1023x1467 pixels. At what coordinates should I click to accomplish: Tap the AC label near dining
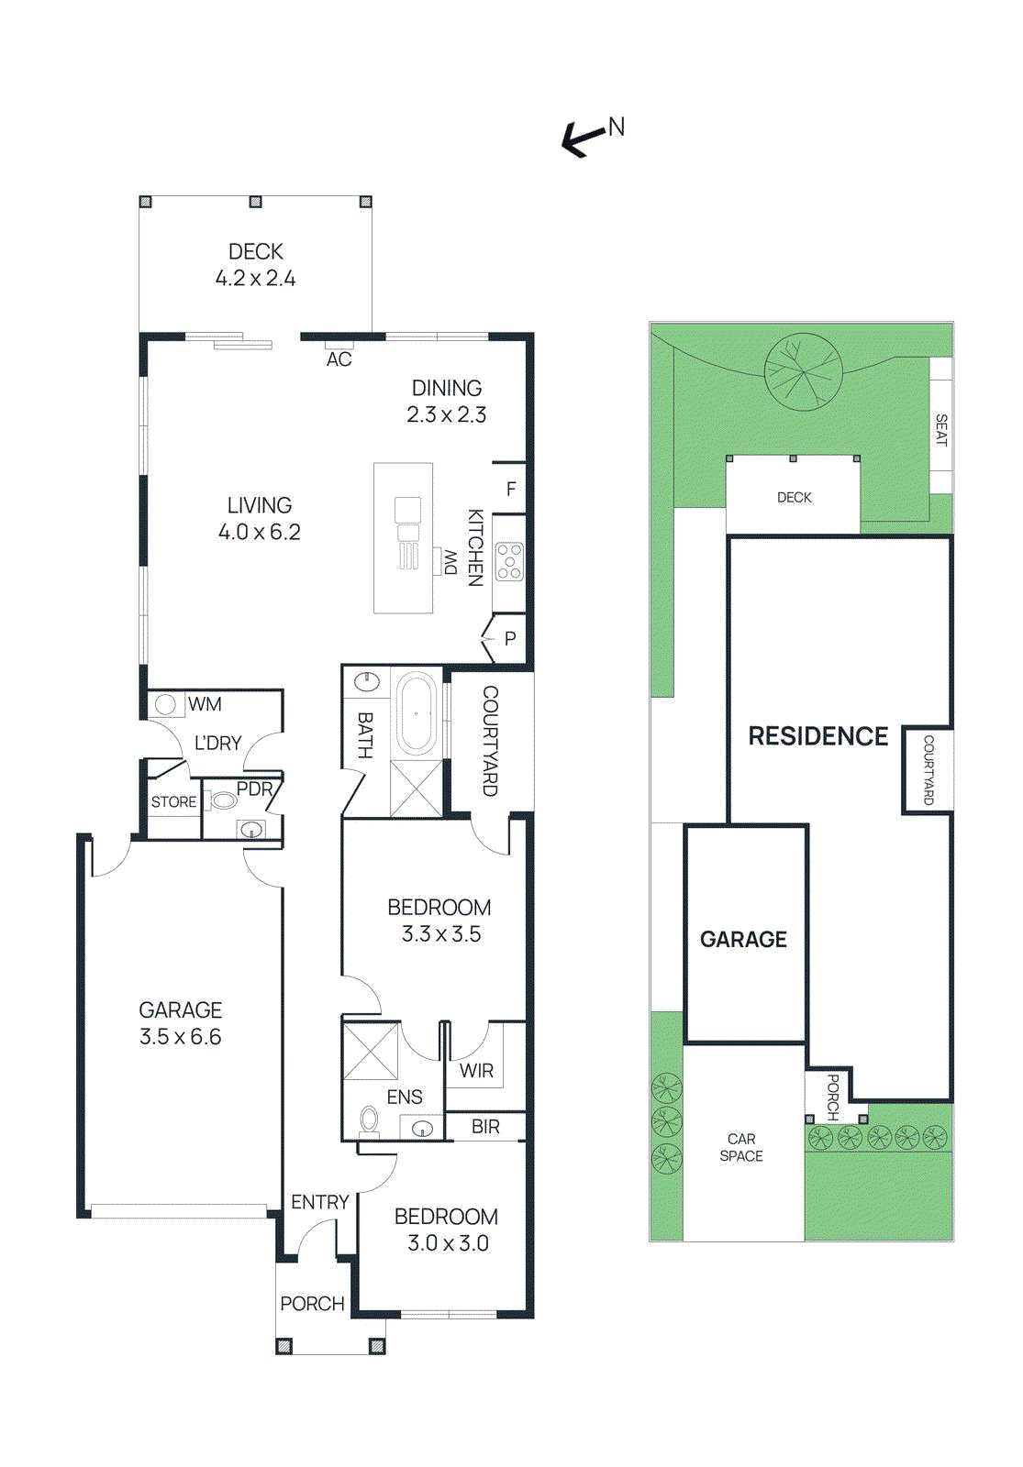coord(339,359)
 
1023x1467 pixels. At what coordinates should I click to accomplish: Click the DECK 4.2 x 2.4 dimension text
coord(255,279)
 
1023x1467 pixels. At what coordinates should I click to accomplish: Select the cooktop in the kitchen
coord(509,561)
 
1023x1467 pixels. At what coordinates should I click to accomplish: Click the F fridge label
coord(511,490)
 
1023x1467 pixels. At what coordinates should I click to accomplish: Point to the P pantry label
coord(510,638)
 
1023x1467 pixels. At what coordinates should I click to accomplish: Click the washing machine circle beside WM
coord(166,704)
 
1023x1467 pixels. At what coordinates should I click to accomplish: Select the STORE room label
coord(173,801)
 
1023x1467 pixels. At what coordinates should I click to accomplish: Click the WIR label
coord(476,1070)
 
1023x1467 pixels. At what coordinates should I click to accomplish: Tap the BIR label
coord(485,1127)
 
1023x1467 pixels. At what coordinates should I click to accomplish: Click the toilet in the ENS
coord(370,1120)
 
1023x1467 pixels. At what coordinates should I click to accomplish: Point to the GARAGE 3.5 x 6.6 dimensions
coord(180,1037)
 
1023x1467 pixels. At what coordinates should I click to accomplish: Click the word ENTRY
coord(319,1202)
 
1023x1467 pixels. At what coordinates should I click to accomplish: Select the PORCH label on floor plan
coord(312,1304)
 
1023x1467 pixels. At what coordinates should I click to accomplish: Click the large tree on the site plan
coord(803,370)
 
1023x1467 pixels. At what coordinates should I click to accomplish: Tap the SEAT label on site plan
coord(940,429)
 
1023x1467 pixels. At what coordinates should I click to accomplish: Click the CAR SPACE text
coord(741,1147)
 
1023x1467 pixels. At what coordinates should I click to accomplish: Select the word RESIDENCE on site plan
coord(817,736)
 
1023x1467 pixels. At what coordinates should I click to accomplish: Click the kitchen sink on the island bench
coord(407,510)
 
